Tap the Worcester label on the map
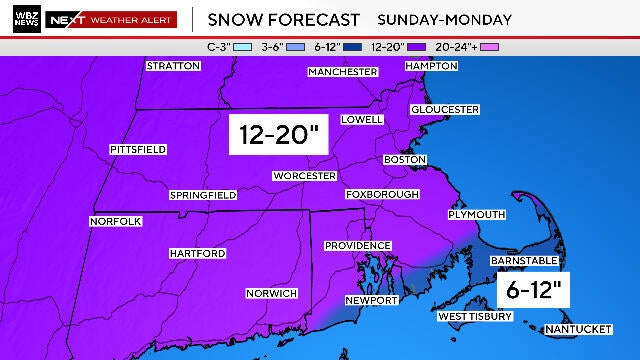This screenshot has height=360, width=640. click(x=304, y=176)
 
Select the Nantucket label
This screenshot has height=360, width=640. click(x=577, y=329)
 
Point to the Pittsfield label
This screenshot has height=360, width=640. click(x=137, y=149)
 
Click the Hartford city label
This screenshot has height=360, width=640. click(x=197, y=254)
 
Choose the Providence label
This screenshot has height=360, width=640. click(x=357, y=245)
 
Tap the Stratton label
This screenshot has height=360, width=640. click(x=173, y=66)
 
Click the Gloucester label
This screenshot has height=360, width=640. click(x=445, y=109)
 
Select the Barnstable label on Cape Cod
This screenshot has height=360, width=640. click(x=522, y=260)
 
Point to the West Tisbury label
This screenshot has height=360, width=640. click(x=475, y=317)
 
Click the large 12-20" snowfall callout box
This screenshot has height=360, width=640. click(x=278, y=135)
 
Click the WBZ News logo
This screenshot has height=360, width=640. click(x=22, y=19)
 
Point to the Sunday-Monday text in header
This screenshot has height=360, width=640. click(x=444, y=19)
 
